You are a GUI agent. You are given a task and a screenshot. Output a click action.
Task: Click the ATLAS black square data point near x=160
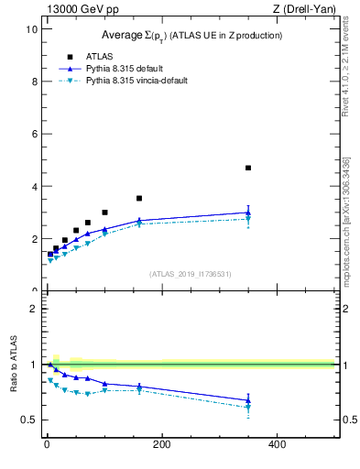click(x=139, y=198)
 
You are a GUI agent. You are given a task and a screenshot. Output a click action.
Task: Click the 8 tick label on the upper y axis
click(x=33, y=81)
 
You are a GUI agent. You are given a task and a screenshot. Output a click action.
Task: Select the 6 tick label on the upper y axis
click(x=33, y=134)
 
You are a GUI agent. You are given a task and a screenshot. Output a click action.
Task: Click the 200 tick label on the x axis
click(x=162, y=445)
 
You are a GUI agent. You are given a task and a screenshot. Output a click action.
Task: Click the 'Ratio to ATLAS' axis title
click(x=11, y=365)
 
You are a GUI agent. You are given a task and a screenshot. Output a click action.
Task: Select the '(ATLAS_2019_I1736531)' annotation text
click(x=191, y=273)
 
